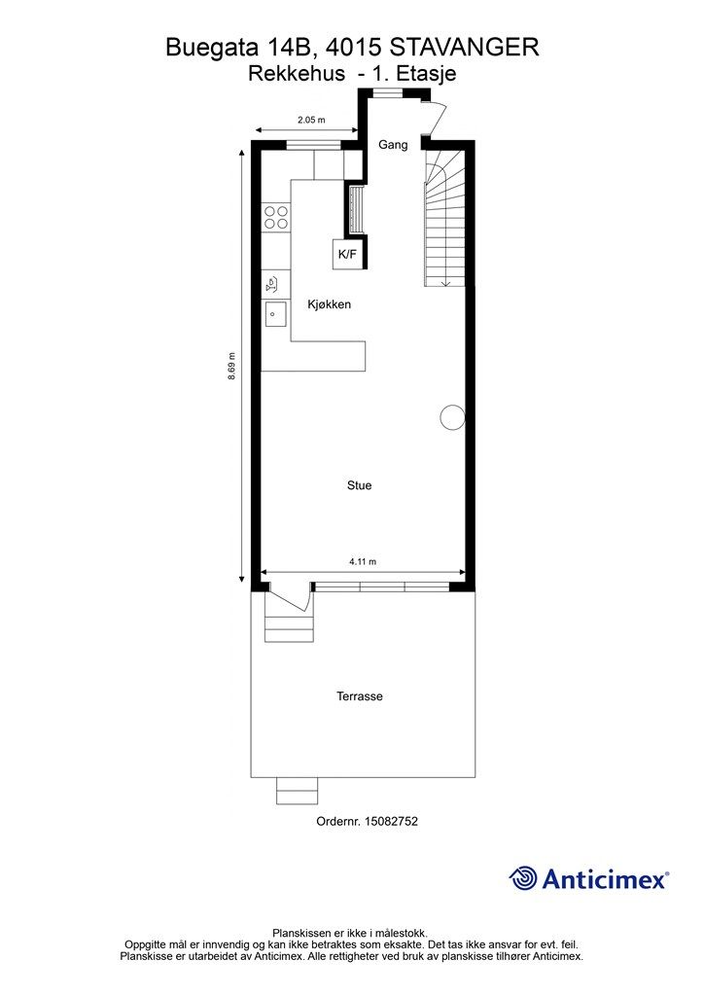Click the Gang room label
pos(393,145)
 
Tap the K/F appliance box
pos(347,255)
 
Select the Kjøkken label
pos(329,304)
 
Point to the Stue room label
pos(360,485)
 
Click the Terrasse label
pos(360,696)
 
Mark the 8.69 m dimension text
pos(232,366)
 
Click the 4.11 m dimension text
pos(363,561)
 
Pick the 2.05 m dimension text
pos(312,120)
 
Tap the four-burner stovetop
pos(276,217)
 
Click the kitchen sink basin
pos(275,314)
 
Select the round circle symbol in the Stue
pos(452,417)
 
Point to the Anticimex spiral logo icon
pos(523,878)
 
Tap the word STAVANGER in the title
pos(464,48)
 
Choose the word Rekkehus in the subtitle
pos(297,74)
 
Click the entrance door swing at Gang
pos(437,121)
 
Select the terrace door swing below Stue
pos(289,598)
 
